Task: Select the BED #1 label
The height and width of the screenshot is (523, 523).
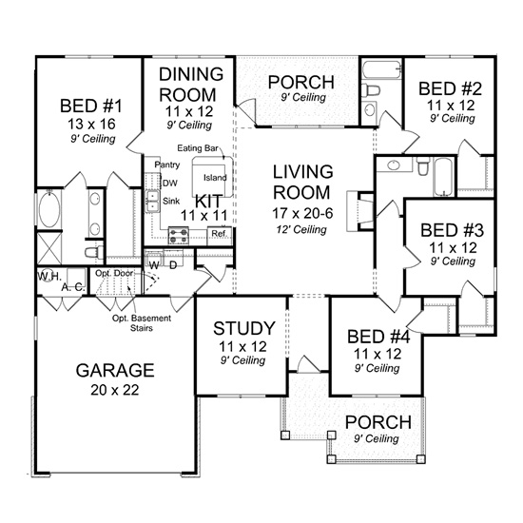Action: point(87,105)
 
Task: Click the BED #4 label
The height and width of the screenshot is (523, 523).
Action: point(376,337)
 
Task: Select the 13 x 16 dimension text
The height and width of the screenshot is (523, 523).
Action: point(87,123)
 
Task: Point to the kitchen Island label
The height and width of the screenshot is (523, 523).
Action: point(215,178)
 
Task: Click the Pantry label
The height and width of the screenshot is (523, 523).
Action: point(167,165)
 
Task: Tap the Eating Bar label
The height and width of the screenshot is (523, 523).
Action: point(198,147)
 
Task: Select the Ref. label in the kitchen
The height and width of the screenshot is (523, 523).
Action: point(218,234)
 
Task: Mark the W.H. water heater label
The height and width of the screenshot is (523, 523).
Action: point(48,275)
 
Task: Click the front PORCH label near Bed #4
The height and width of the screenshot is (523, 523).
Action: point(378,421)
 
